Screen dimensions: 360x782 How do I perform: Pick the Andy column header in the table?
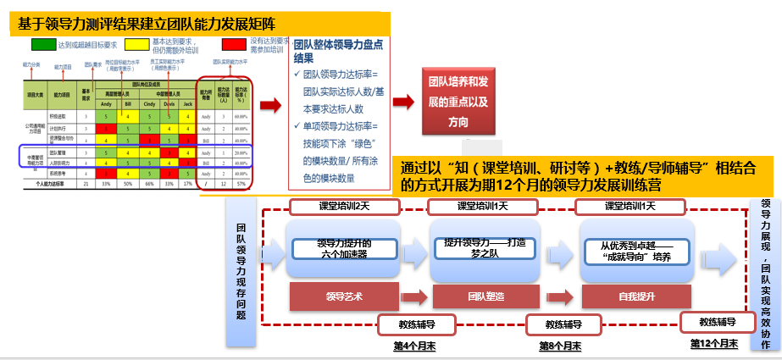[105, 103]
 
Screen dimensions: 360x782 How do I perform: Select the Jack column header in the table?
[188, 103]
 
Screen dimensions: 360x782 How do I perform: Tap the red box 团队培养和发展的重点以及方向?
[458, 102]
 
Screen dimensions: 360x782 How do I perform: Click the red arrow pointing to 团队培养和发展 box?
[403, 102]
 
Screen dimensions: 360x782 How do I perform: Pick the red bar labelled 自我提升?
[629, 296]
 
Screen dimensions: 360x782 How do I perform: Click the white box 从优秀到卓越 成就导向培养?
[629, 251]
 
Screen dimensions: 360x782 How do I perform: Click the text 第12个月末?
[713, 344]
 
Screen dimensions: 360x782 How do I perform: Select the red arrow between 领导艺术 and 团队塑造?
[413, 296]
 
